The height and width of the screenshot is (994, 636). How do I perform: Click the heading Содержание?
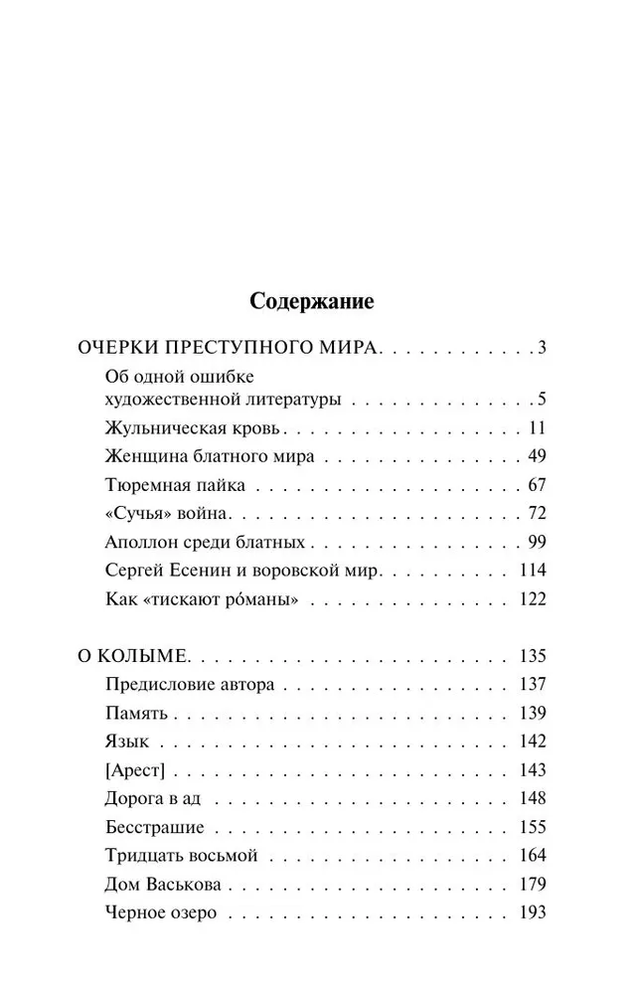(x=311, y=299)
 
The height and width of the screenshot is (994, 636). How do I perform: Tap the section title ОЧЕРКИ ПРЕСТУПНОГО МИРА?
(x=230, y=348)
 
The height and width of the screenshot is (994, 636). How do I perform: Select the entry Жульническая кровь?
(x=193, y=429)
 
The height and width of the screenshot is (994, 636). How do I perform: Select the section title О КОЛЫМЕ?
(x=139, y=657)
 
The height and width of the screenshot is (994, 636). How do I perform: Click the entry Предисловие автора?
(x=189, y=685)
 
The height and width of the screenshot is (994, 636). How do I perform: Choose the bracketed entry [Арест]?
(x=134, y=770)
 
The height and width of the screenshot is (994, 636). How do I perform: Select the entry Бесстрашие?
(x=153, y=828)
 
